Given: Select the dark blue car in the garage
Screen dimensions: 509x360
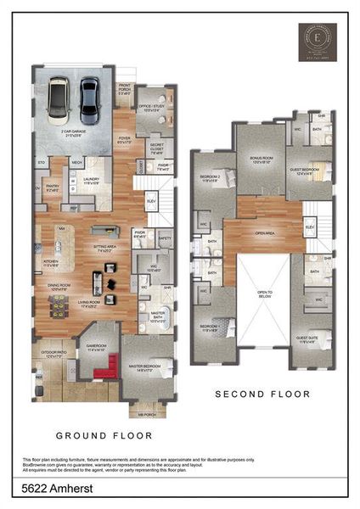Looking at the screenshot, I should [x=89, y=99].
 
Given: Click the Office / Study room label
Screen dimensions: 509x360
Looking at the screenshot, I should [x=153, y=108].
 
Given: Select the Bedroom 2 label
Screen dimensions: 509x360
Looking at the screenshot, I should [x=210, y=178].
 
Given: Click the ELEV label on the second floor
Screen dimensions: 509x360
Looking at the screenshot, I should [x=310, y=228].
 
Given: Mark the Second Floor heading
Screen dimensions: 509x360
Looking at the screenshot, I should [x=262, y=394].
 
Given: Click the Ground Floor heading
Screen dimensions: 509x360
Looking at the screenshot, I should [x=104, y=435].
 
